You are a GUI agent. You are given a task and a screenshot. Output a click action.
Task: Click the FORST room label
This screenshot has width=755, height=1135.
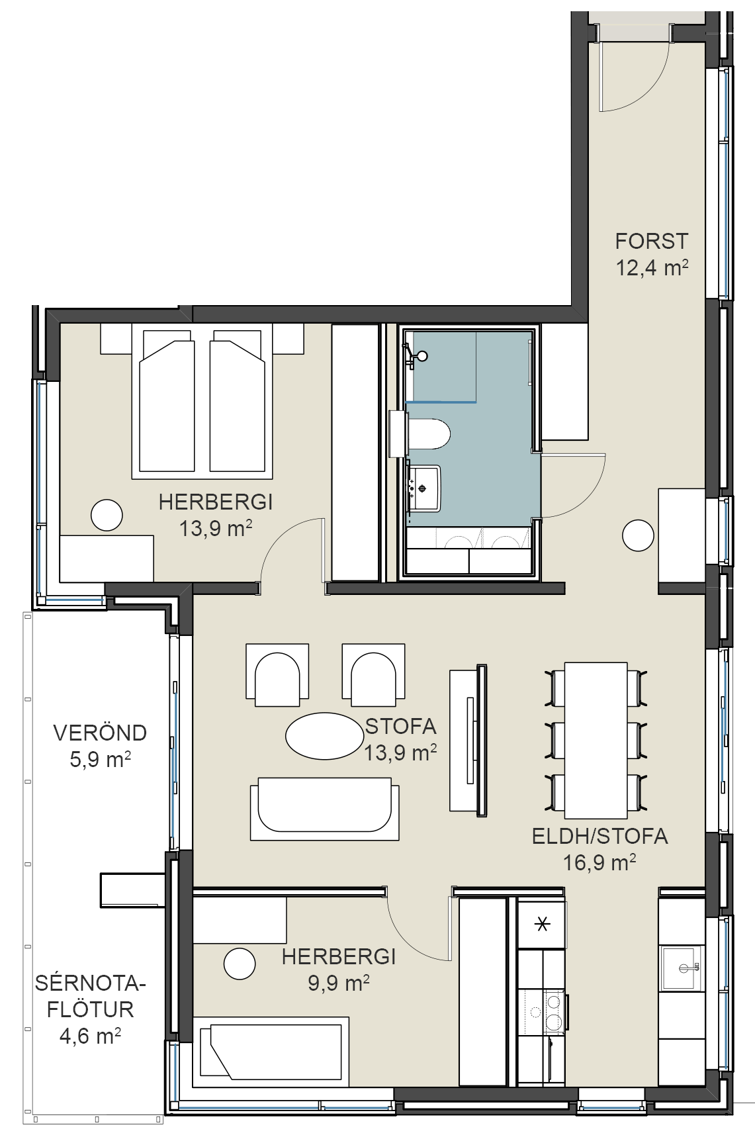pos(652,241)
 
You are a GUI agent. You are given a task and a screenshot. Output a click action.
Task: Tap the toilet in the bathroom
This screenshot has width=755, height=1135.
pos(429,433)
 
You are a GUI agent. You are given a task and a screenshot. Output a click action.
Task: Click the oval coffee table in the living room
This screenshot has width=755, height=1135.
pos(324,736)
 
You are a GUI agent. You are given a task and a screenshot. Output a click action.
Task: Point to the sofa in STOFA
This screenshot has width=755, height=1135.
pos(324,809)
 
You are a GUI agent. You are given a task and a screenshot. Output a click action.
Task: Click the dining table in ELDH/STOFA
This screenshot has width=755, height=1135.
pos(596,740)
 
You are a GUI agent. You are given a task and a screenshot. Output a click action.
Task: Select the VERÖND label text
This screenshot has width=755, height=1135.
pos(100,733)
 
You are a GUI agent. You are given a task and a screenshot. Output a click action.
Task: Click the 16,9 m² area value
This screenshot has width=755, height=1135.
pos(600,862)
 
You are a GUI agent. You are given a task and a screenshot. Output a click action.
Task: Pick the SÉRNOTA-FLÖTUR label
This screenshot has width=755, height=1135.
pos(90,996)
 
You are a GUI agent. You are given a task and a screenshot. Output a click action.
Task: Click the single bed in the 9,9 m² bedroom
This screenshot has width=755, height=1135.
pos(271,1050)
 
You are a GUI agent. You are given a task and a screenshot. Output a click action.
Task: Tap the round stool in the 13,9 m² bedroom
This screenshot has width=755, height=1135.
pos(107,515)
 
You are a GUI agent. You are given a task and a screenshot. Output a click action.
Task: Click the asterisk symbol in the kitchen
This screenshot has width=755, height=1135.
pos(542,923)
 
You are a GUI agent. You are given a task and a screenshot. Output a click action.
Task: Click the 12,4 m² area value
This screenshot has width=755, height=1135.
pos(652,267)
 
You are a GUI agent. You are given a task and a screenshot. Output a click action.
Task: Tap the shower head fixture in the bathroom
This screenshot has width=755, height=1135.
pos(414,355)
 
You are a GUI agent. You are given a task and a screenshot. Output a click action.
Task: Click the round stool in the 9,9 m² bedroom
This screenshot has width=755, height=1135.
pos(240,964)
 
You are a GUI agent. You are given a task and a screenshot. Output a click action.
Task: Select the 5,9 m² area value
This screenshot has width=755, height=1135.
pos(100,759)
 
